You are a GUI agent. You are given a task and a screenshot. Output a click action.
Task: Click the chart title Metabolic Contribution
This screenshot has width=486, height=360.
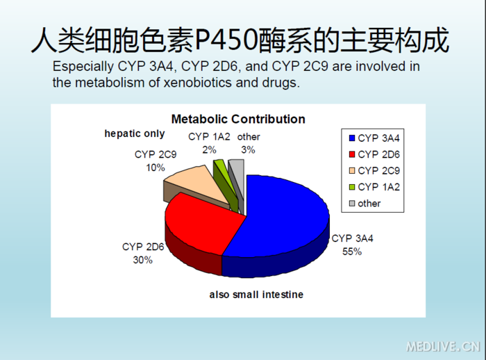point(237,119)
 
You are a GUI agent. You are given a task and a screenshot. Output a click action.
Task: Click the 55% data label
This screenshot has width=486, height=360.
point(351,252)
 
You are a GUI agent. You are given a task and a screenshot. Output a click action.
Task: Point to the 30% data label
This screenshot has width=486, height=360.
point(142,260)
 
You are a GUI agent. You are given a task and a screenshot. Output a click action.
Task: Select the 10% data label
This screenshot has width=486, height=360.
point(156,167)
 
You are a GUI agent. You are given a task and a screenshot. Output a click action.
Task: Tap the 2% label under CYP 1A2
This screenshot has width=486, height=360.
point(209,149)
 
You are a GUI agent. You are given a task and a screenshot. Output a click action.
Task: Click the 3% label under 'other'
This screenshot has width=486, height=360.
point(248,149)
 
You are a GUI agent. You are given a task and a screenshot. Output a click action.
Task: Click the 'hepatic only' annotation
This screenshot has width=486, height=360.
point(135,133)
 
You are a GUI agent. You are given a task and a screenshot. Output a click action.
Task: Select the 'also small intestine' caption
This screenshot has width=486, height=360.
point(256,295)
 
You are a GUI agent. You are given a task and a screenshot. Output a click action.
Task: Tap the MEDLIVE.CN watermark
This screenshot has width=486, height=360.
point(442,346)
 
